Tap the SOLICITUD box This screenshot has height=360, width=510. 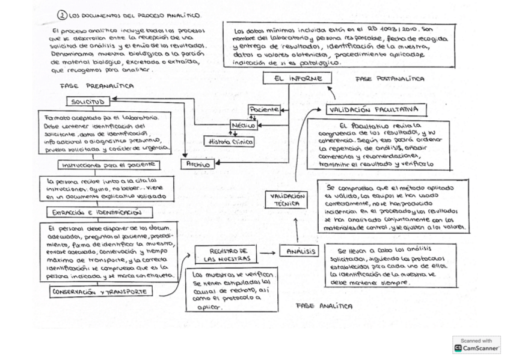pyautogui.click(x=90, y=102)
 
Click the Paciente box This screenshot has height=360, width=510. pyautogui.click(x=264, y=110)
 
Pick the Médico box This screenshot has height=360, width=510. pyautogui.click(x=244, y=126)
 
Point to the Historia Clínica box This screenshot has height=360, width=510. pyautogui.click(x=229, y=142)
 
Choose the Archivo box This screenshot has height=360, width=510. pyautogui.click(x=198, y=163)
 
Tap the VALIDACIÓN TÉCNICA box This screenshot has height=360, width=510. pyautogui.click(x=286, y=200)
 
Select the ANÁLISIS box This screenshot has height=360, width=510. pyautogui.click(x=298, y=251)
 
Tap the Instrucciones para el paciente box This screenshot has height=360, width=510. pyautogui.click(x=109, y=164)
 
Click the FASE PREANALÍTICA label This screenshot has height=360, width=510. pyautogui.click(x=97, y=86)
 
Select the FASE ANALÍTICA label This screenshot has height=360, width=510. pyautogui.click(x=324, y=306)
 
